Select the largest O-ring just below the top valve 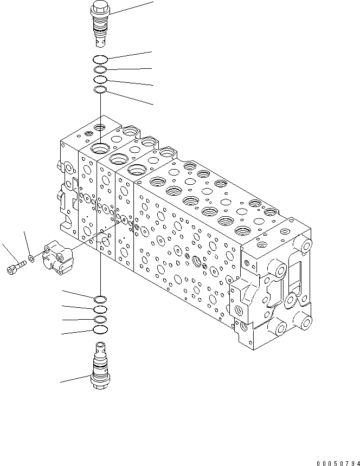click(x=101, y=59)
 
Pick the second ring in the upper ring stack click(x=100, y=70)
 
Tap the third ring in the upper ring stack click(x=100, y=80)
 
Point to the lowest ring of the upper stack click(x=100, y=90)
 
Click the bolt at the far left click(x=16, y=267)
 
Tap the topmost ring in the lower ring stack click(x=100, y=299)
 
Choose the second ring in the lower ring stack click(x=100, y=309)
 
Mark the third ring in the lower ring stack click(x=100, y=320)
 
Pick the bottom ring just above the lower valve click(x=100, y=330)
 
